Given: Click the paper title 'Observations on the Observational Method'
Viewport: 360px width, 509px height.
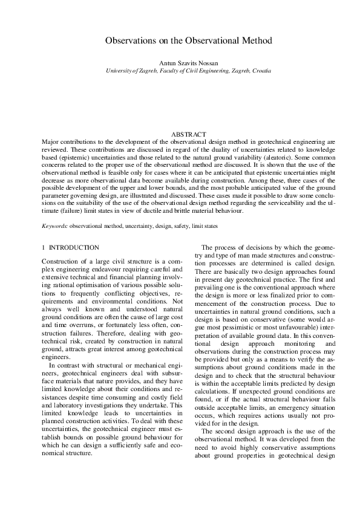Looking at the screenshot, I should click(x=188, y=41).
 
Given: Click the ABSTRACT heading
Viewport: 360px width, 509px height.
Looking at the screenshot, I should click(x=189, y=134).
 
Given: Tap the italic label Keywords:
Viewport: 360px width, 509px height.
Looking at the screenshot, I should click(x=54, y=225).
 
